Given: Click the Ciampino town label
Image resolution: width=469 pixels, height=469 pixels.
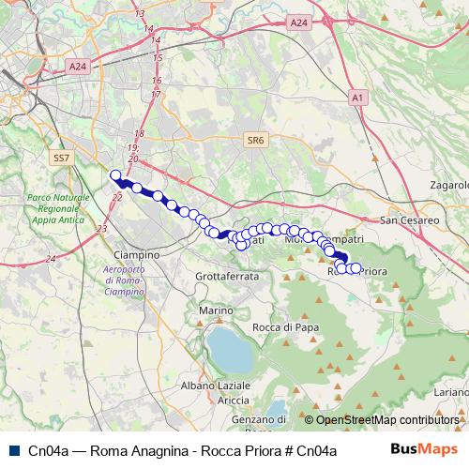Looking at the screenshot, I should tap(136, 255).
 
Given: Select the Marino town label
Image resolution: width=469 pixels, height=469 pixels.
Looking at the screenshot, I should tap(215, 310).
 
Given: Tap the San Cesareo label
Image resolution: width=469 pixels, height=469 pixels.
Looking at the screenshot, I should tap(410, 219).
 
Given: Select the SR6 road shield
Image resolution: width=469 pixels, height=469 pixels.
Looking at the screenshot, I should tap(255, 140).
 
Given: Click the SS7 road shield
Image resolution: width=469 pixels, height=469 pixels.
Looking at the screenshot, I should tap(62, 158).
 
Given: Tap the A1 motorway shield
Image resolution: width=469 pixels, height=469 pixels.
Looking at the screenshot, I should tap(358, 97).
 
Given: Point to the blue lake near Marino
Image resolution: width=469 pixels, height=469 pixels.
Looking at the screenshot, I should tap(229, 348).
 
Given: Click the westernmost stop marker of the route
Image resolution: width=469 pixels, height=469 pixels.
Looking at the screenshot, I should tap(116, 175).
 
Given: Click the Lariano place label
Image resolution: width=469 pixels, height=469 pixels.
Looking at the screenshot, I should tap(452, 391).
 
